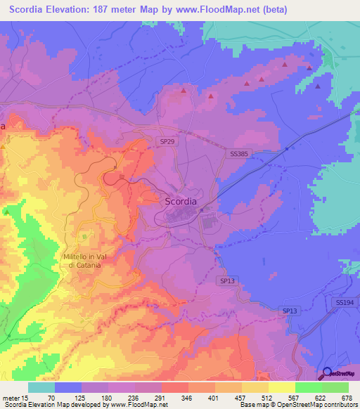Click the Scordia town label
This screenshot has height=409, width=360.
tap(181, 201)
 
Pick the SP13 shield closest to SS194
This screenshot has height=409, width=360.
tap(290, 311)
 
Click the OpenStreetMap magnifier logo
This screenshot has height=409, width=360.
tap(327, 374)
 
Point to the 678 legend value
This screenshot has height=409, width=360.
tap(347, 397)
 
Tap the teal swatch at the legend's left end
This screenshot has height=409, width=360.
tap(41, 387)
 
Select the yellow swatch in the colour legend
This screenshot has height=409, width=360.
tap(281, 387)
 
